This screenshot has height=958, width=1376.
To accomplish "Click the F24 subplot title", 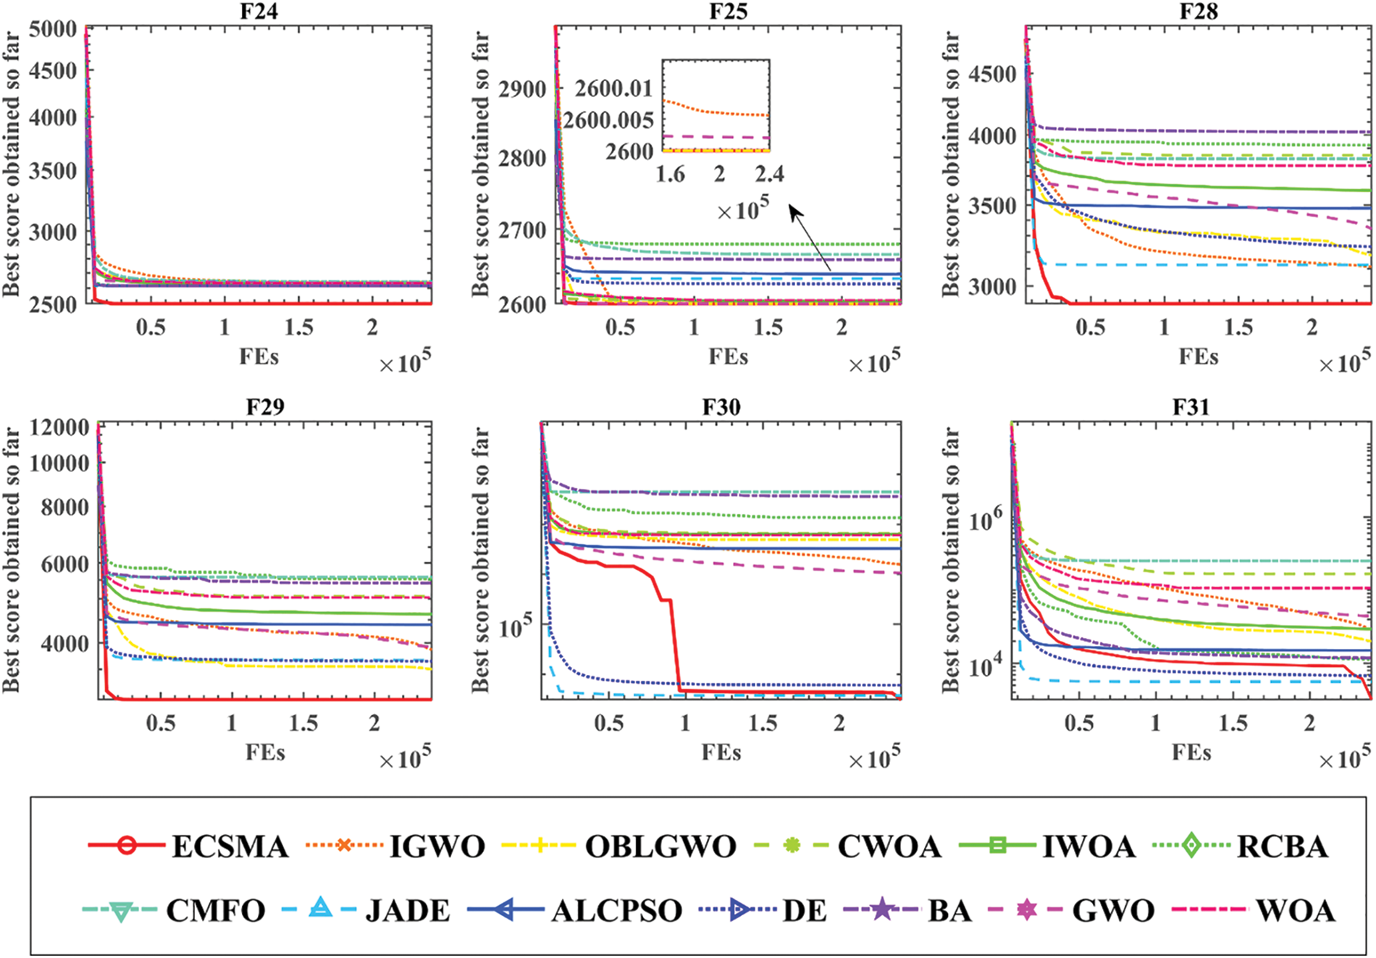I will (x=259, y=12).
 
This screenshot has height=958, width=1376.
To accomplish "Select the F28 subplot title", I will (x=1199, y=12).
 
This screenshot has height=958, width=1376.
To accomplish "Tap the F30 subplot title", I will (x=721, y=407).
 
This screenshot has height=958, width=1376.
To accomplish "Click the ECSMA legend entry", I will (x=230, y=846).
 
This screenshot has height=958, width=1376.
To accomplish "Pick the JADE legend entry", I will (x=407, y=910).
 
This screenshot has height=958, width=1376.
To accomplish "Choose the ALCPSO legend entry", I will (x=616, y=910).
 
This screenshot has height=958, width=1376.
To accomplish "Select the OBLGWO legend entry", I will (x=660, y=846).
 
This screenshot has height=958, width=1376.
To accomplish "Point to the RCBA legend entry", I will (x=1282, y=846).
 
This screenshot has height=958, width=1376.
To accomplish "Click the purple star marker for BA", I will (x=881, y=909).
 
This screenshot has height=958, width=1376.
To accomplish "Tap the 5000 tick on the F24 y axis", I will (x=53, y=30).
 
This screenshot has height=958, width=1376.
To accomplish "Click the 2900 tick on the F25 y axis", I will (x=521, y=90).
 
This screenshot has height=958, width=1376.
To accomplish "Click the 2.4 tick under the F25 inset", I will (x=769, y=174).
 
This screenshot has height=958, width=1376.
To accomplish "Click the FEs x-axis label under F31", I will (x=1191, y=753).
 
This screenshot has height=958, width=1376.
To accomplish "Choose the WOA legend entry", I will (x=1295, y=910).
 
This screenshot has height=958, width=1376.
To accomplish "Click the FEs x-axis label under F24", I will (x=259, y=357).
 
